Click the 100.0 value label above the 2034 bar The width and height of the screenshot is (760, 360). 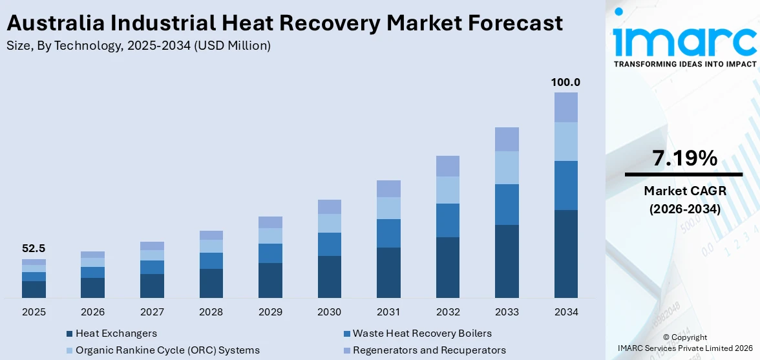(x=565, y=83)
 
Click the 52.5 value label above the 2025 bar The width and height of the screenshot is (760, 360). (x=34, y=249)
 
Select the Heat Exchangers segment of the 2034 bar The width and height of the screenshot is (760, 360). (x=565, y=253)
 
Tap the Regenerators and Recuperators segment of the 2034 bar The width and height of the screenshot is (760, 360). (x=565, y=107)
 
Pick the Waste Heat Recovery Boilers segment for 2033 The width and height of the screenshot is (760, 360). (x=507, y=204)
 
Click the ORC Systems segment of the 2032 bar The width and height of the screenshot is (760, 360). (x=448, y=190)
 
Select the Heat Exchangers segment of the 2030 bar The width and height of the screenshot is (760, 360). (x=330, y=277)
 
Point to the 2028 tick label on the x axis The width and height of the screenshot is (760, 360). (x=211, y=312)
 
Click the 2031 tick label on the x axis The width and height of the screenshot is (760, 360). (x=388, y=312)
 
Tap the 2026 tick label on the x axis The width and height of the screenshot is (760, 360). (x=93, y=312)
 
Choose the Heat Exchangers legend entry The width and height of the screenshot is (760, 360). (x=116, y=334)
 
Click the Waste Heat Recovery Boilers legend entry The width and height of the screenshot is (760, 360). (x=421, y=334)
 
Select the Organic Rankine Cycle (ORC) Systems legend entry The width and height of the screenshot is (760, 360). (x=167, y=350)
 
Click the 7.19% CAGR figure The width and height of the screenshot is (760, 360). (x=683, y=158)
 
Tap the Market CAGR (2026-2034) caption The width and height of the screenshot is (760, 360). (x=683, y=200)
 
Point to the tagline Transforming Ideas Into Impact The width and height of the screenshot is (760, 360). (x=684, y=64)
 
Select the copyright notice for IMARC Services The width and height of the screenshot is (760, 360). (x=684, y=343)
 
